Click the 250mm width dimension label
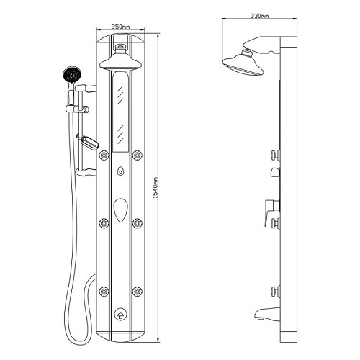point(120,27)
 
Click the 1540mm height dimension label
point(156,187)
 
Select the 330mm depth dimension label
point(259,16)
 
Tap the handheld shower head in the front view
point(72,74)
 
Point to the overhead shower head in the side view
point(243,63)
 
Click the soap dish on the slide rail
point(88,142)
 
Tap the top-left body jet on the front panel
point(104,155)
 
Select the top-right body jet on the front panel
point(137,155)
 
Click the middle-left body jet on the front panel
point(104,223)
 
